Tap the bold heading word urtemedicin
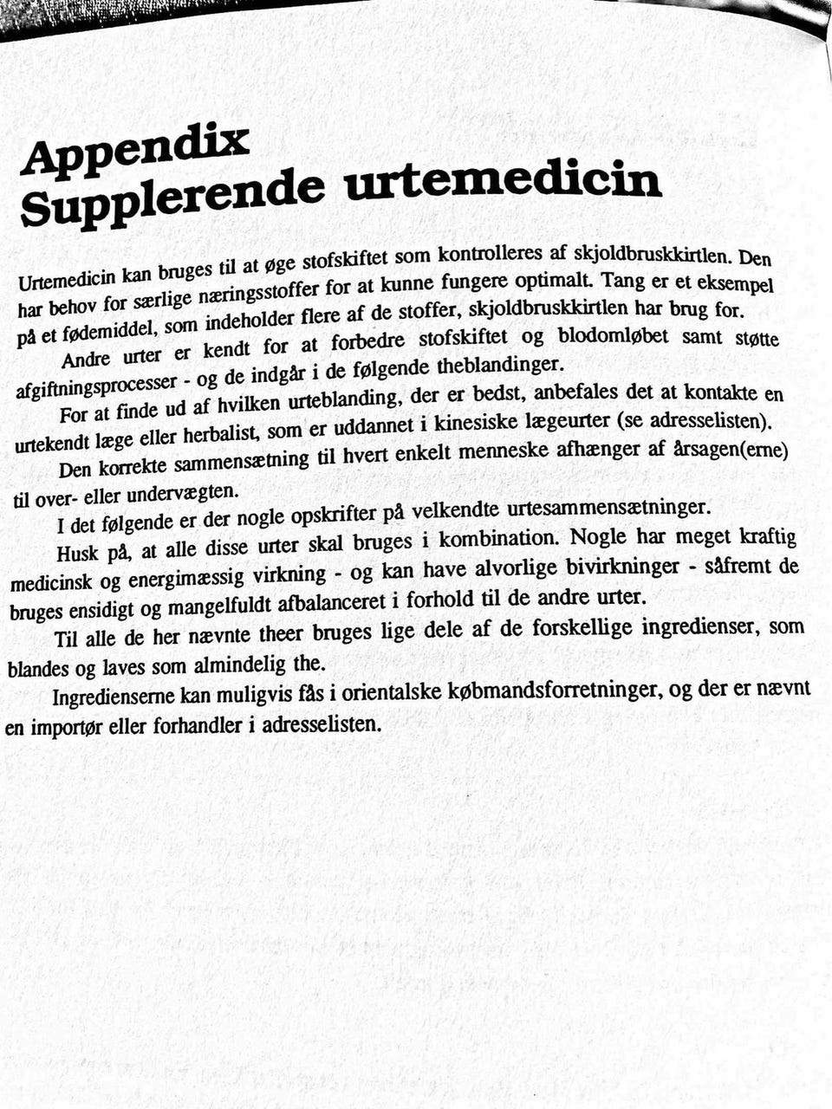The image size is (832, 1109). [503, 181]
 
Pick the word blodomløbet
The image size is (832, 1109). [613, 336]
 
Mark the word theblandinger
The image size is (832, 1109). [501, 366]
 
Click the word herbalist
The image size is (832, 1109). [224, 432]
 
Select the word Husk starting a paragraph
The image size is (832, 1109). [78, 553]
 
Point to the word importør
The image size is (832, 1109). [67, 727]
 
